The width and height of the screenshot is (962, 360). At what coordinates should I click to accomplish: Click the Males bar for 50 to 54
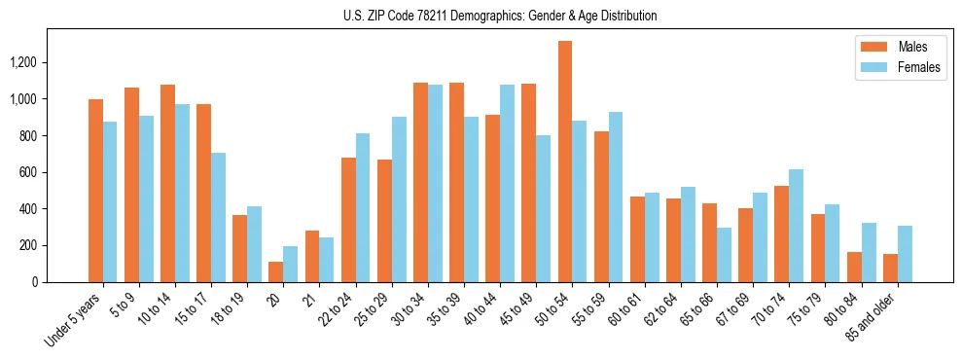coord(565,162)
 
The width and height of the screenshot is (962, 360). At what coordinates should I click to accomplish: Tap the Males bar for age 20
coord(276,271)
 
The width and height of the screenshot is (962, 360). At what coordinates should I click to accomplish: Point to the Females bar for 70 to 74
coord(796,226)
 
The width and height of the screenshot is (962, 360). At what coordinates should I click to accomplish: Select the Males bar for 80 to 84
coord(854,267)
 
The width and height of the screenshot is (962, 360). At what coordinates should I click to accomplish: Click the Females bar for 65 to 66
coord(724,255)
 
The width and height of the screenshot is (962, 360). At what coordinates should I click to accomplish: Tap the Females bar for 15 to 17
coord(218,217)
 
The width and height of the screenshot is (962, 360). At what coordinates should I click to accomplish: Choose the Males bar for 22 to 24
coord(348,219)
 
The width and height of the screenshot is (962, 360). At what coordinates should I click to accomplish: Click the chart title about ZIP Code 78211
coord(500,16)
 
